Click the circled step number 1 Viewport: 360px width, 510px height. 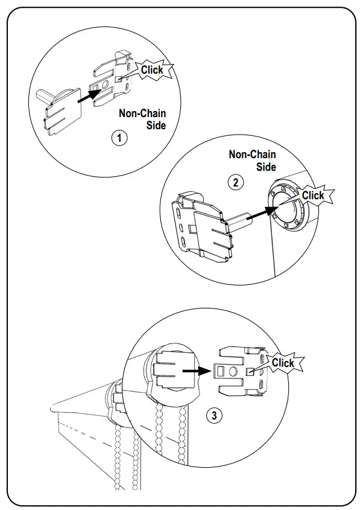[119, 138]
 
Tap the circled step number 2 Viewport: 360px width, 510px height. [236, 182]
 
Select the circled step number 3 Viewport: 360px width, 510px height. [214, 415]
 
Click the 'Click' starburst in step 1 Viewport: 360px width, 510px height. [153, 69]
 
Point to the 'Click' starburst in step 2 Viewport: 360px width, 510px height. [314, 196]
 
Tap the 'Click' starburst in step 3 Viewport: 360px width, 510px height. [283, 363]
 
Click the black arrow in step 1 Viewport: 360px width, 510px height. [90, 96]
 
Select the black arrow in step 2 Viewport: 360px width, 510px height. [261, 214]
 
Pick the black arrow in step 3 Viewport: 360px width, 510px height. [197, 371]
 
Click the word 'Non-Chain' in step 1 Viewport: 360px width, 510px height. [142, 113]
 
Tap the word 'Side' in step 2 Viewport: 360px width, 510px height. [266, 167]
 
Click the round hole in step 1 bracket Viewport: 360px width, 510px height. [105, 85]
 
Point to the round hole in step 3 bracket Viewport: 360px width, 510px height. [233, 371]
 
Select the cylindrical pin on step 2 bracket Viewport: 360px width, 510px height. [238, 220]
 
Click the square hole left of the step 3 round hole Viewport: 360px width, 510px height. [221, 370]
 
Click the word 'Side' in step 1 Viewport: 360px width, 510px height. [156, 125]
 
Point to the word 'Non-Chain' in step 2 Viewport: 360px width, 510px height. [253, 154]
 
